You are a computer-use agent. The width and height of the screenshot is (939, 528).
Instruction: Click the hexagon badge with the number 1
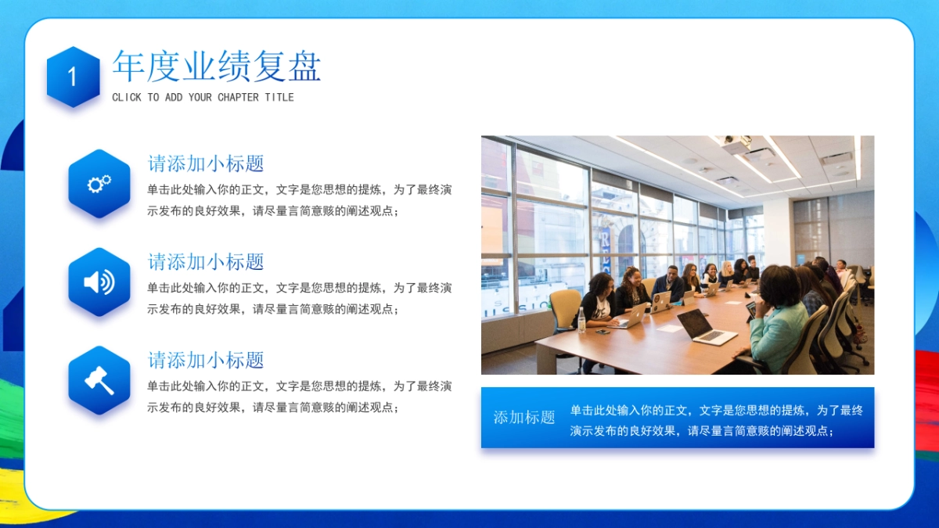[x=73, y=77]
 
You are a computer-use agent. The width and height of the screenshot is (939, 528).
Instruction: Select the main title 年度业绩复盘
[x=216, y=66]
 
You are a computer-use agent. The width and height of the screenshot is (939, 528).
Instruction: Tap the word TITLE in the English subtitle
[x=279, y=98]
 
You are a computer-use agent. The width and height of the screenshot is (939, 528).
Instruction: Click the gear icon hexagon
[x=99, y=184]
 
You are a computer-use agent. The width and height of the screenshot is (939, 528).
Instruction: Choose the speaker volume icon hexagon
[x=99, y=282]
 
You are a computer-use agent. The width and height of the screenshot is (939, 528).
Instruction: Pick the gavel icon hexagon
[x=99, y=381]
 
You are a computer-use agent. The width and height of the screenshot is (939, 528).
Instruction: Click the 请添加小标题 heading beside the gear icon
[x=206, y=163]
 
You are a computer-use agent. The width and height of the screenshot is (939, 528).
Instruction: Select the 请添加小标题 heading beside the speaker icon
[x=206, y=262]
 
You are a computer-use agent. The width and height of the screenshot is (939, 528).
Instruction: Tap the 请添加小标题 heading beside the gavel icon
[x=206, y=360]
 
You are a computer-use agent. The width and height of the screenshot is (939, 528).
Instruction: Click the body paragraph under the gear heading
[x=299, y=200]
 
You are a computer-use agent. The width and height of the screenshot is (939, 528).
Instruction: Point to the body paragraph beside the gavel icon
[x=299, y=397]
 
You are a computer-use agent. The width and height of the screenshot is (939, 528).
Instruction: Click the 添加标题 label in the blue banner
[x=523, y=418]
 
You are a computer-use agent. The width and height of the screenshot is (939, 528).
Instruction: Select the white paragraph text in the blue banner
[x=716, y=420]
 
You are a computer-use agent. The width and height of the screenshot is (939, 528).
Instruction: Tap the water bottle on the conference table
[x=581, y=320]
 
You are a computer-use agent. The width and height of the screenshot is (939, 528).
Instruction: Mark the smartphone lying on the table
[x=602, y=332]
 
